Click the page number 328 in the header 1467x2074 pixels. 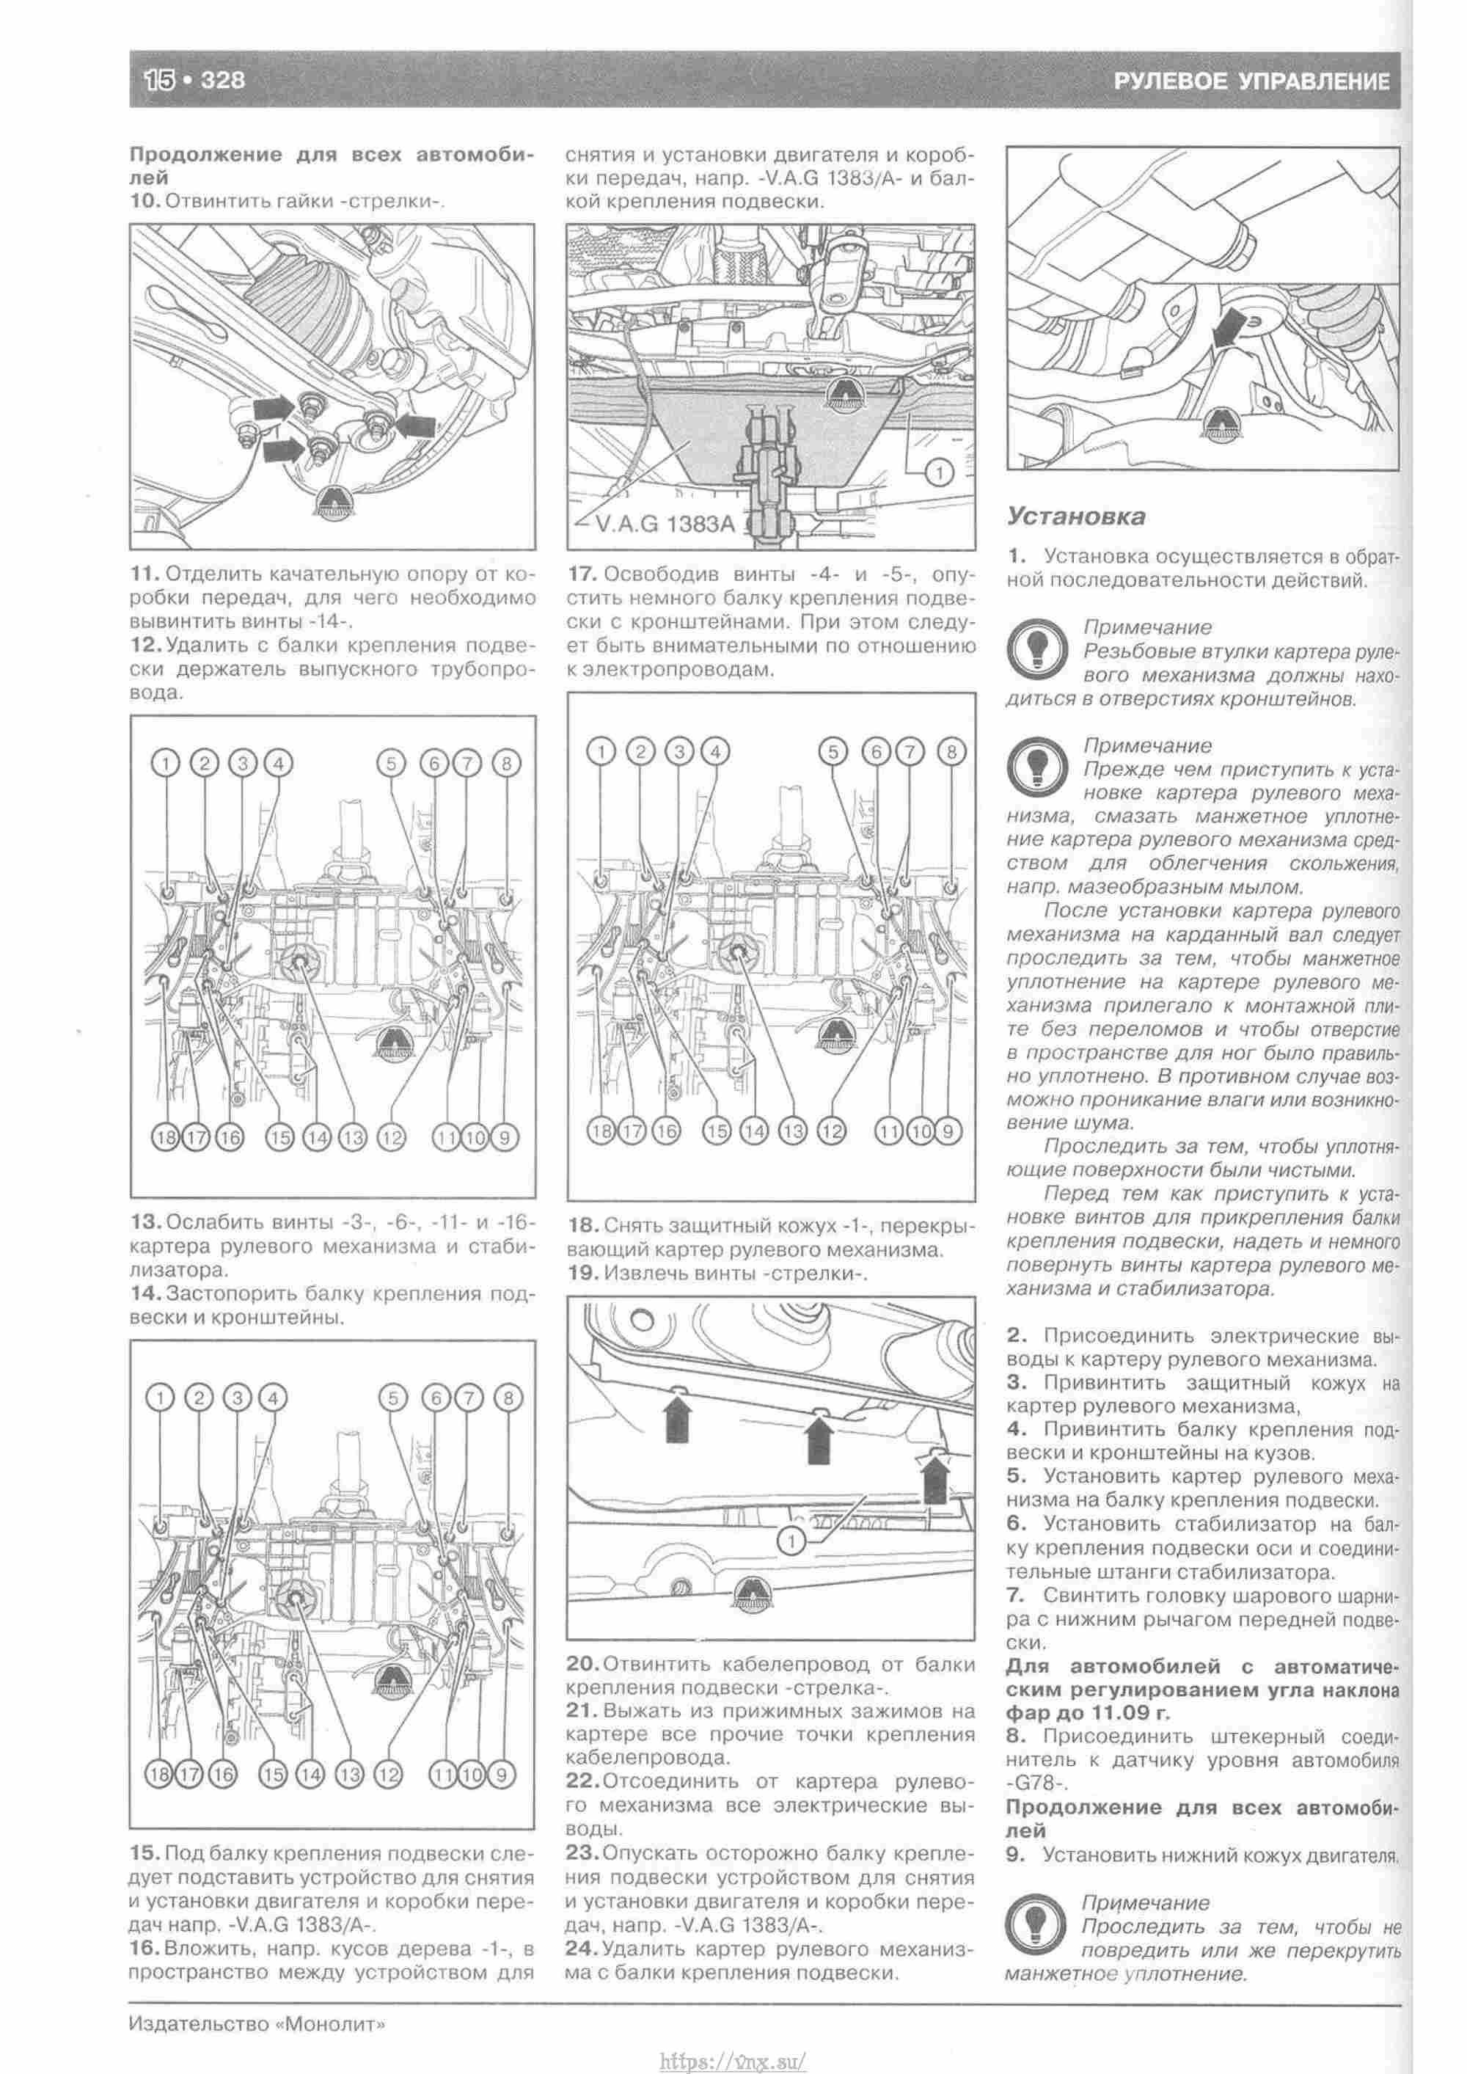tap(222, 81)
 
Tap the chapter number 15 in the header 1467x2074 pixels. tap(160, 81)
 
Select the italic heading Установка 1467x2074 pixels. tap(1076, 516)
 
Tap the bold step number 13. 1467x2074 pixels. tap(144, 1223)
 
